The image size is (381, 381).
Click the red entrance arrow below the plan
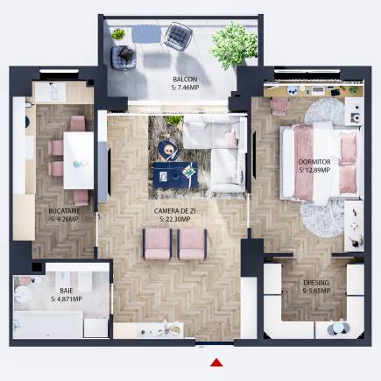point(216,363)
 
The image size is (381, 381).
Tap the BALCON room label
point(185,79)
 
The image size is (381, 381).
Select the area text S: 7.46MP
point(186,87)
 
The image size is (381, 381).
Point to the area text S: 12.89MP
point(314,170)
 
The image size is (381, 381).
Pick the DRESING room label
point(316,283)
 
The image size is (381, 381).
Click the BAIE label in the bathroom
point(67,291)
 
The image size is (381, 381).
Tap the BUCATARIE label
point(64,211)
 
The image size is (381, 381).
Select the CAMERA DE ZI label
point(175,211)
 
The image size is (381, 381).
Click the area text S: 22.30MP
point(175,219)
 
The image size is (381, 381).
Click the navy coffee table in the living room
point(175,175)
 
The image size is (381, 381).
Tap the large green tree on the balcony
point(234,46)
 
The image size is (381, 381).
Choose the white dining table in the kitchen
point(79,160)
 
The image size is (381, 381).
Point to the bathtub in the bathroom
point(48,324)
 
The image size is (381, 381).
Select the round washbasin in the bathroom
point(23,293)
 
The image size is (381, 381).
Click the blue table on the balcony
point(146,34)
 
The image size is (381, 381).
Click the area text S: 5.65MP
point(316,291)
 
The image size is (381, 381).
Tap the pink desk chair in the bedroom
point(279,106)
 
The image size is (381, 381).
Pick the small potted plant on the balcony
point(118,34)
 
